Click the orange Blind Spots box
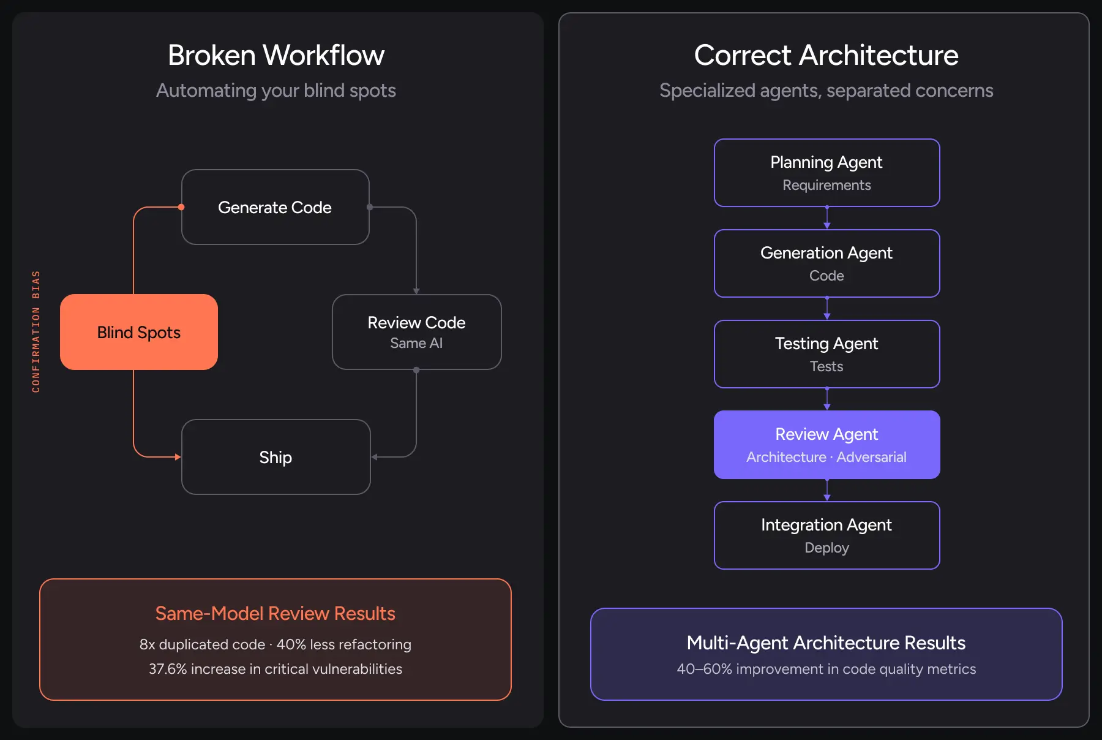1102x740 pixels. tap(139, 332)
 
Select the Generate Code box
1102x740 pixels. tap(275, 207)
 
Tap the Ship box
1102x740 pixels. tap(275, 457)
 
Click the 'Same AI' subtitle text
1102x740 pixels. tap(416, 344)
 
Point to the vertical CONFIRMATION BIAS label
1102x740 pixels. tap(36, 331)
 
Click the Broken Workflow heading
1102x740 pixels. tap(276, 55)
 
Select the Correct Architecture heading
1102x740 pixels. tap(826, 55)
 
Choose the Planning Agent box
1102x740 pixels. tap(826, 173)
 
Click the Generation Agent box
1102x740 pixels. tap(826, 263)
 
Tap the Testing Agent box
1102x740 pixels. tap(826, 354)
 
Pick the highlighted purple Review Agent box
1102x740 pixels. tap(826, 445)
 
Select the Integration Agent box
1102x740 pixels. tap(826, 535)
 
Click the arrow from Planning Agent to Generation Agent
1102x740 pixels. tap(827, 218)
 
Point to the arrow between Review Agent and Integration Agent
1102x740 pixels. tap(827, 490)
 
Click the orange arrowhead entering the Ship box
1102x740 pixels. tap(178, 457)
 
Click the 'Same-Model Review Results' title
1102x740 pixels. tap(275, 613)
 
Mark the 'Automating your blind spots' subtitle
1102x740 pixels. tap(276, 91)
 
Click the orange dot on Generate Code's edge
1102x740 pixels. tap(181, 207)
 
